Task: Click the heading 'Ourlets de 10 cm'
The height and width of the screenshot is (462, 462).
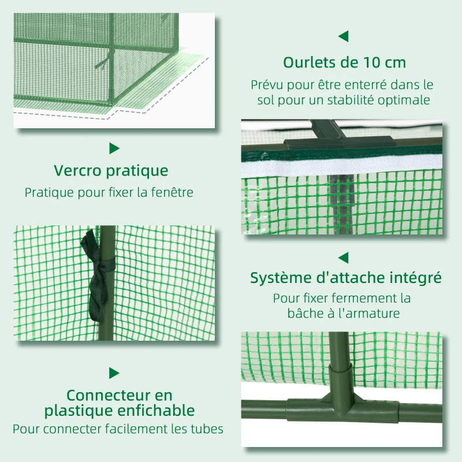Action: (344, 62)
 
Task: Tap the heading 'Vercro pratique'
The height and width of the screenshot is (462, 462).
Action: (111, 171)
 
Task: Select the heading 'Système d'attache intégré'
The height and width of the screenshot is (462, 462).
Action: (345, 278)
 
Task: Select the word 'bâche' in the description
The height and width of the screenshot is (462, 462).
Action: (304, 314)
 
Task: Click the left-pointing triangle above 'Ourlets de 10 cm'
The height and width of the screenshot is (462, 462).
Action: (344, 36)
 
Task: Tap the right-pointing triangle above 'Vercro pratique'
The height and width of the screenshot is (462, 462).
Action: (114, 148)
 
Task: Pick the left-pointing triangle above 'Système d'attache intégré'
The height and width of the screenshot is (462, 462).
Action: (344, 257)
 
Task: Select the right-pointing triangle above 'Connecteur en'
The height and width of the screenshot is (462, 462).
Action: (114, 373)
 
